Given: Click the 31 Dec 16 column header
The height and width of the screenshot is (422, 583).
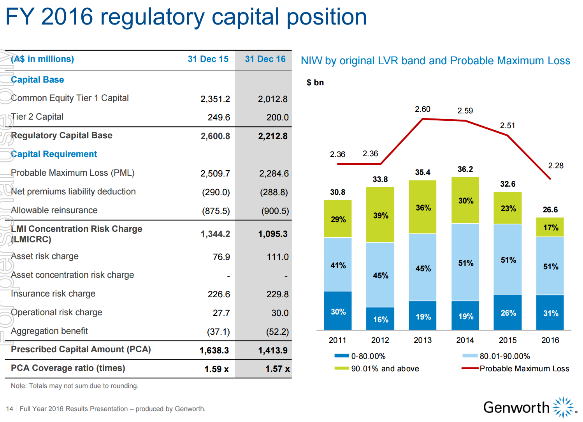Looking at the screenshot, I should coord(265,59).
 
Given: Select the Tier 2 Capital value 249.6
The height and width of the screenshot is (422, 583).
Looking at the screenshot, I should coord(219,117).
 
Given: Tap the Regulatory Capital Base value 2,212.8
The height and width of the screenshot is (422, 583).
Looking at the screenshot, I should coord(272,136).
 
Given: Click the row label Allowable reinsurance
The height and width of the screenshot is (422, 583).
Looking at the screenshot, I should coord(54,210).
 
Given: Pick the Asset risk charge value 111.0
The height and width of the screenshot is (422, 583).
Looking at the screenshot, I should coord(277,257).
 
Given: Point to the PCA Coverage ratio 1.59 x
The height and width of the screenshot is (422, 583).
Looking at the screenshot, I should coord(216,369).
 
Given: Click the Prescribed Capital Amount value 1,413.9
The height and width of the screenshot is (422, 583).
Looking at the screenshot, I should coord(272,351).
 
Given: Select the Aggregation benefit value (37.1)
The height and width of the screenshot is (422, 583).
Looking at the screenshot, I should coord(218,332).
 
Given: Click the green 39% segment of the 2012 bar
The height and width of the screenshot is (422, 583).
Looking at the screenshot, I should coord(380,215).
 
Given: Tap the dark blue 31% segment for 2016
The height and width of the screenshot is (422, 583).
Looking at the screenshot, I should coord(550,313).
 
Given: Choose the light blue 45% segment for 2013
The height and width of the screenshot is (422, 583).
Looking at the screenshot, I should coord(423,268).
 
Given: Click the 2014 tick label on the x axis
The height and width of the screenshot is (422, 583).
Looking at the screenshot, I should coord(465,340).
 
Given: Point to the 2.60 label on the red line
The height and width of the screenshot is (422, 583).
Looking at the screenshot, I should coord(423,109).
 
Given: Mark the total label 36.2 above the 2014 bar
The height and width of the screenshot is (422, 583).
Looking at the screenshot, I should coord(465,169).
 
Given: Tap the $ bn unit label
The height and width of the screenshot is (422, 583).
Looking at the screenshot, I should coord(315,83).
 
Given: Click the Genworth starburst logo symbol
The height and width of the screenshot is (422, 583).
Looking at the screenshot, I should coord(563,408).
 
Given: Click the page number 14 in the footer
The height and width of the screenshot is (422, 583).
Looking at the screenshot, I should coord(10,409).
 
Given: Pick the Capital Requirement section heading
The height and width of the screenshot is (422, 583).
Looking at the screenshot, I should coord(54,154).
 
